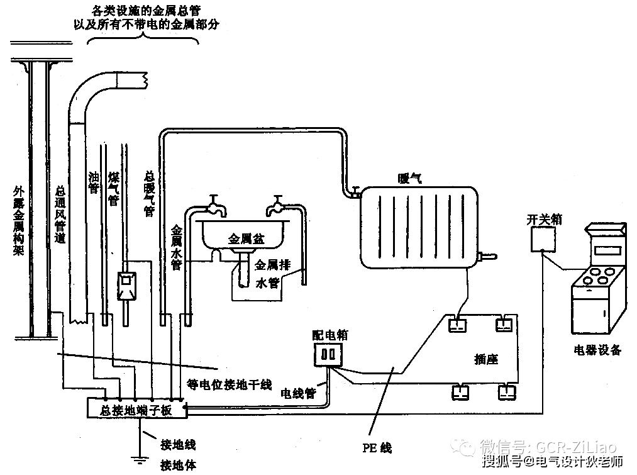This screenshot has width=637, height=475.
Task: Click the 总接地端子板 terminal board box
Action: pos(137,408)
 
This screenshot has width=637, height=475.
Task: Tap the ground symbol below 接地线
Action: pos(140,460)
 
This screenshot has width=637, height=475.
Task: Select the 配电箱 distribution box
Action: pos(328,355)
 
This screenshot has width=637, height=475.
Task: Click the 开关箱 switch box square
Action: pos(543,239)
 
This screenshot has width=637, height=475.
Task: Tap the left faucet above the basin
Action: pos(214,205)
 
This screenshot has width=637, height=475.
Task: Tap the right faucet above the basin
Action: pos(276,205)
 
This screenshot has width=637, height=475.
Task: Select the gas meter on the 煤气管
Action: pos(126,286)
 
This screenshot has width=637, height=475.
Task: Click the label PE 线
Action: pos(377,448)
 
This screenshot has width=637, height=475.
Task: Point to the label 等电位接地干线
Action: pos(229,384)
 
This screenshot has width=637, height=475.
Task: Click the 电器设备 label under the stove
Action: pos(597,350)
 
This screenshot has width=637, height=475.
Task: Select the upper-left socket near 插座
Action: pos(457,325)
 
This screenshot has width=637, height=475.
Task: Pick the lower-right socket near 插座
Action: pos(507,393)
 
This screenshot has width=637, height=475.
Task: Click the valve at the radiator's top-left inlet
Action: pos(356,193)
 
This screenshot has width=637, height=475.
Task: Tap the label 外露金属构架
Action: pos(19,221)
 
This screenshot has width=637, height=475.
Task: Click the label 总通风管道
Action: pos(60,214)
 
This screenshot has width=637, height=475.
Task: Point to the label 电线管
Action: pos(298,393)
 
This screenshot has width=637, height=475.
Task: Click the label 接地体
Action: pos(178,464)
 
